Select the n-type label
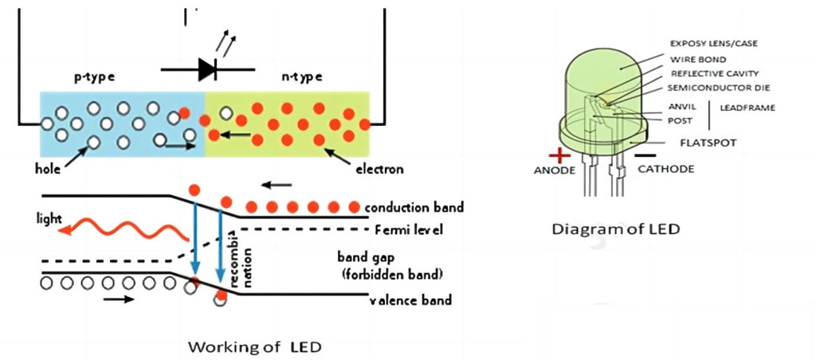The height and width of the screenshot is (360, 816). pos(302,77)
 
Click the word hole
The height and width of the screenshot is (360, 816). pos(49,169)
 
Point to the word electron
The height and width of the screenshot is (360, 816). pos(379,169)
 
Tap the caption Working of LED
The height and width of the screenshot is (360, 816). pos(255,346)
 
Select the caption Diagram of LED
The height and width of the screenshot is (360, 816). pos(616,229)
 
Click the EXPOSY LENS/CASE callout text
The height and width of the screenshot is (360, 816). pos(712,44)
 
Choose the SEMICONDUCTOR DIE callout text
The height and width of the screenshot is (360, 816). pos(719,87)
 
